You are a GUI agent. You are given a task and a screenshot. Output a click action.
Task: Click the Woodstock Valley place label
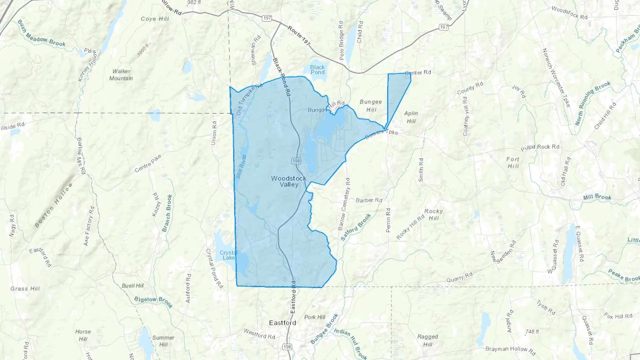tap(289, 181)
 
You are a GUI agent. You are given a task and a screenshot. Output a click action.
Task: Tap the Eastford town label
tap(282, 323)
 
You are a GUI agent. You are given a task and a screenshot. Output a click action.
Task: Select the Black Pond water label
tap(317, 70)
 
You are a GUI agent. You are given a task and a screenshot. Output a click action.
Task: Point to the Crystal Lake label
tap(228, 255)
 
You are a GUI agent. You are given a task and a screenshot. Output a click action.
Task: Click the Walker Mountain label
tap(121, 75)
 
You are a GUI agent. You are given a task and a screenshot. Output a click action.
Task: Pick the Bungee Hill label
tap(371, 106)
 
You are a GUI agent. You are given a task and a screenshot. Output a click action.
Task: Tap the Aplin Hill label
tap(411, 117)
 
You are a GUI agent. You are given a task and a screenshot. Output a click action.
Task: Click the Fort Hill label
tap(513, 162)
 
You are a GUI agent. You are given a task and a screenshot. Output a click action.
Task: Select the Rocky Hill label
tap(433, 214)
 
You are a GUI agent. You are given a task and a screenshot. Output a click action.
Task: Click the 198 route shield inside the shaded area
tap(296, 161)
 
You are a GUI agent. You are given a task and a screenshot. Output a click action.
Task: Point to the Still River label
tap(241, 166)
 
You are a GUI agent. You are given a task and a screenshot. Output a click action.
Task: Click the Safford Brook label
tap(356, 227)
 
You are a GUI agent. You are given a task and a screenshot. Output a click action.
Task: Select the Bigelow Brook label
tap(153, 302)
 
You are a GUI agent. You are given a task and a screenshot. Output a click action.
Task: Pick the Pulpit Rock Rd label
tap(540, 147)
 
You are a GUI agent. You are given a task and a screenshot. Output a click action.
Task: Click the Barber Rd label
tap(369, 200)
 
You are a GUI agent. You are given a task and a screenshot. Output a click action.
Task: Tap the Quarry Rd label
tap(459, 277)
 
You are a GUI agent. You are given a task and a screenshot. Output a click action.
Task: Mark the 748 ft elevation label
tap(532, 331)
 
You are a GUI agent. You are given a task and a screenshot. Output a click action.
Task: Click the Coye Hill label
tap(155, 19)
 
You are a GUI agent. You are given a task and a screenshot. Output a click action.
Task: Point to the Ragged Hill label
tap(427, 340)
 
